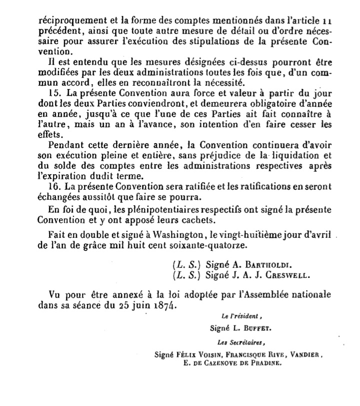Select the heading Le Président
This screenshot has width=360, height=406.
[x=236, y=317]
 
